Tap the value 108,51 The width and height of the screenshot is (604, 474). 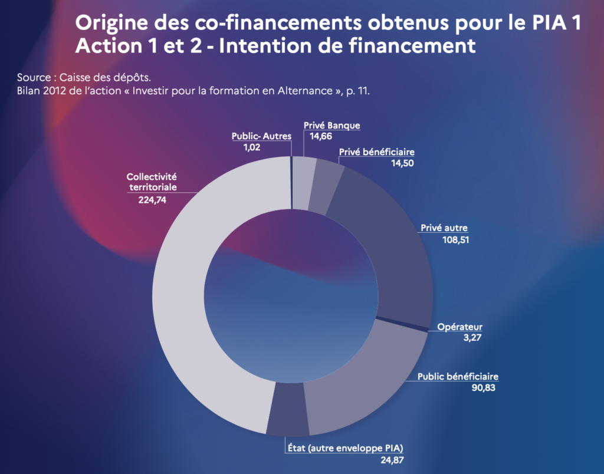point(455,240)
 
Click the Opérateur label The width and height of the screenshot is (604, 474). point(459,327)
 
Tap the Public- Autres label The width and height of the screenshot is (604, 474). point(261,136)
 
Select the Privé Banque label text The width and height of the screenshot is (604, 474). point(331,126)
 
